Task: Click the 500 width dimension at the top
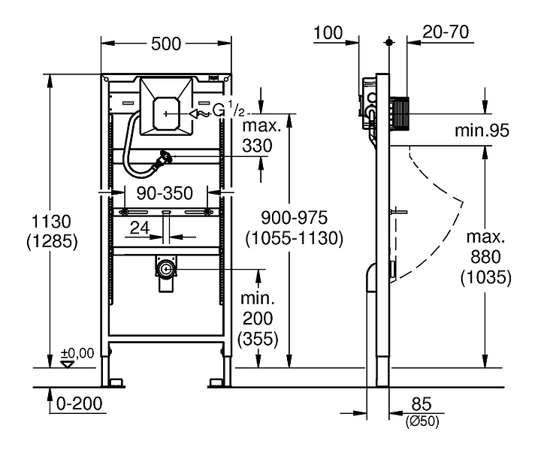(x=166, y=44)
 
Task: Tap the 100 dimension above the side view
(x=328, y=33)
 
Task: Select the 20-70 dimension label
(x=446, y=32)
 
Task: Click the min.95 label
(x=482, y=131)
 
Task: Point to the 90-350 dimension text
(x=165, y=193)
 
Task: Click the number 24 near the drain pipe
(x=140, y=228)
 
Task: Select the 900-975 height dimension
(x=294, y=218)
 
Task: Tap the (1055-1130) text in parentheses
(x=294, y=238)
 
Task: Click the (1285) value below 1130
(x=52, y=241)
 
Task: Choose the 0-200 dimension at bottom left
(x=80, y=403)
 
